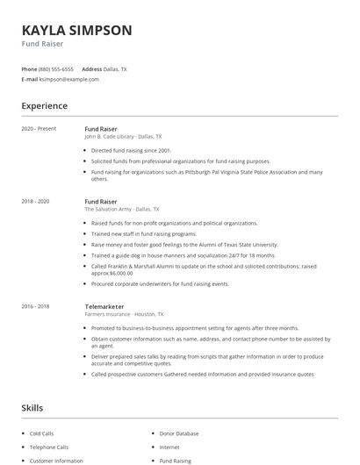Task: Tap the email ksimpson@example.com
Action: (69, 79)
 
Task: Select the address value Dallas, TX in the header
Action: (116, 68)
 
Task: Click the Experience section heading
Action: (44, 106)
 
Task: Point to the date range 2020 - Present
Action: (39, 129)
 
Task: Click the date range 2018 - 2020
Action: (35, 202)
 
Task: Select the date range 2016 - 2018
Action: (35, 306)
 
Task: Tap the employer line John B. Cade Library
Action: (123, 137)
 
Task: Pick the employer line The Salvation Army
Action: (122, 210)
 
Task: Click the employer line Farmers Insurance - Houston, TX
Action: (124, 314)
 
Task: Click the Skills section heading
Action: (32, 408)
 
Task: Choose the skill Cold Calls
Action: (41, 433)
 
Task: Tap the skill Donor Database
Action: (179, 433)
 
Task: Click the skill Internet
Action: (169, 447)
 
